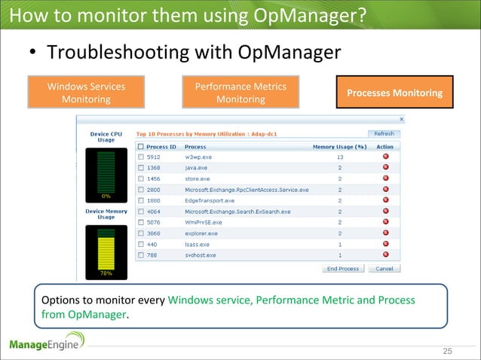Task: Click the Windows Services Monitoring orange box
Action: click(86, 93)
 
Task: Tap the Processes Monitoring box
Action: click(394, 93)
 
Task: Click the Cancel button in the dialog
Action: click(384, 268)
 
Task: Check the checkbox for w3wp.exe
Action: click(141, 157)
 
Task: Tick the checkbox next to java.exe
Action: click(141, 168)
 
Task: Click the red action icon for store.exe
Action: click(385, 179)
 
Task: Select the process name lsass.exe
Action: click(196, 245)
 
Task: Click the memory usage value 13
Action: click(340, 157)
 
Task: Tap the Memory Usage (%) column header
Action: click(339, 146)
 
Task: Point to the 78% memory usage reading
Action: click(106, 273)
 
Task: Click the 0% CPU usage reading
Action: click(106, 196)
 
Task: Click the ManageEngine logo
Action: click(47, 345)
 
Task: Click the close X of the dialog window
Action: click(401, 119)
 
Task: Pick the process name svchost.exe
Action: click(200, 255)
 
